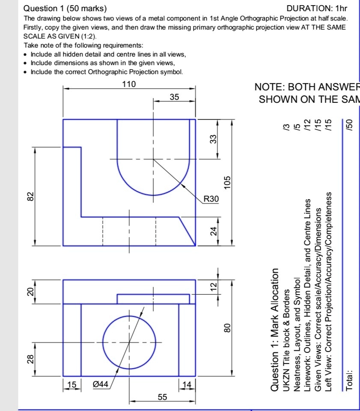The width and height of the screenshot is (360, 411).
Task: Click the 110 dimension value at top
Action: [129, 84]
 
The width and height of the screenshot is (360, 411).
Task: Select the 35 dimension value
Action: [174, 97]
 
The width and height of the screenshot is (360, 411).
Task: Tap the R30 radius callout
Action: [211, 199]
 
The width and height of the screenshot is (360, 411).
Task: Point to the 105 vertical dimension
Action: [227, 182]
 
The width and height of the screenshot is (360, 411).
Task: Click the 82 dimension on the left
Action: [30, 196]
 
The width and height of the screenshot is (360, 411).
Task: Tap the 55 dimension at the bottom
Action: [162, 397]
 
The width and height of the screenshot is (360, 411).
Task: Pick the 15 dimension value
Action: [72, 384]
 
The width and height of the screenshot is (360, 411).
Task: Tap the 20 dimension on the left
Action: [30, 292]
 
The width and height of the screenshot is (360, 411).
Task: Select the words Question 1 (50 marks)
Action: [65, 8]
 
